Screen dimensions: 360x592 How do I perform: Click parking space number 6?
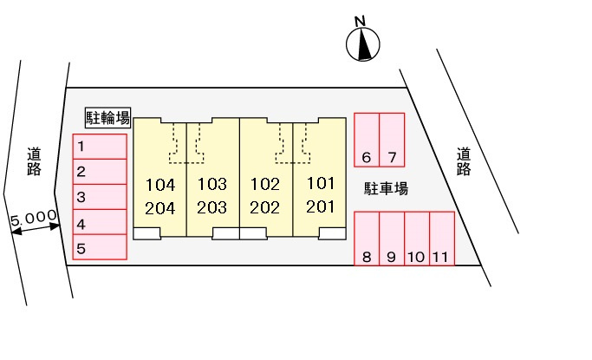click(367, 140)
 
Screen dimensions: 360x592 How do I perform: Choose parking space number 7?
click(392, 140)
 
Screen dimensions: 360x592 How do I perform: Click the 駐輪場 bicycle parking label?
click(107, 117)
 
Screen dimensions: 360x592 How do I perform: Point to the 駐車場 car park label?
click(386, 188)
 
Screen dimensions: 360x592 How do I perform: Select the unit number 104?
click(161, 184)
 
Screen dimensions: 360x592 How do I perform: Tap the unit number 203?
click(211, 207)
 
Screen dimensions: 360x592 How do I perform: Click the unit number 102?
click(265, 184)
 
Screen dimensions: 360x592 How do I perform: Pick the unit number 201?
click(320, 207)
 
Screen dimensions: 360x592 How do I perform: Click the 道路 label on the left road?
click(34, 161)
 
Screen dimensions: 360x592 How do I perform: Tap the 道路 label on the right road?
click(464, 161)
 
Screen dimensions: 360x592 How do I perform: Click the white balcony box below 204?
click(146, 232)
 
